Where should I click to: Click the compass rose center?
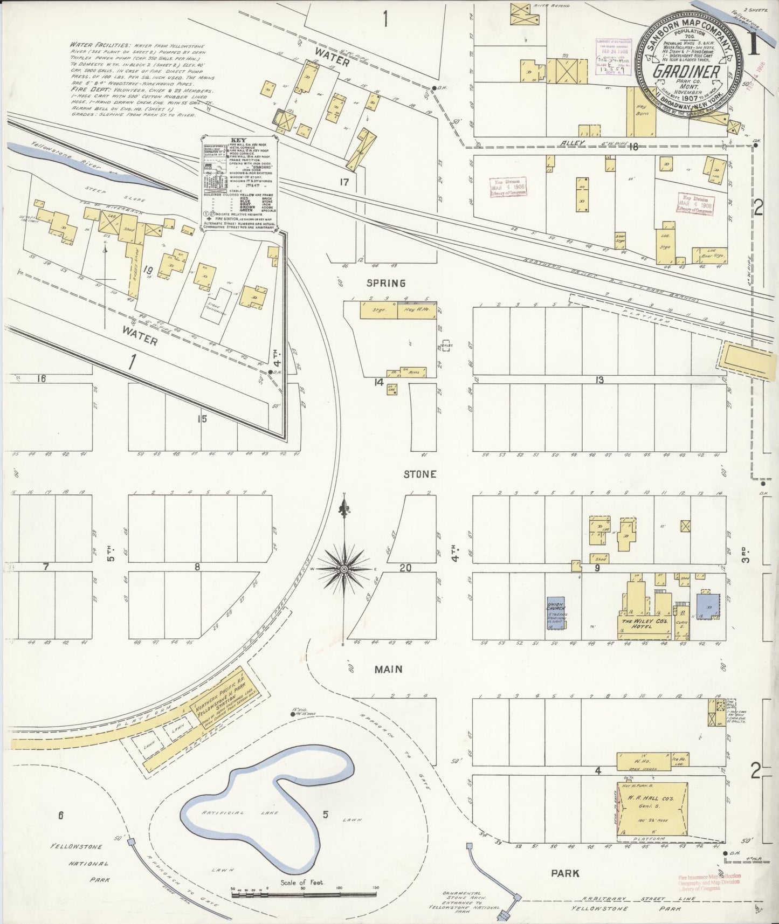[x=343, y=569]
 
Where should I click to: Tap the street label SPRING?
[x=385, y=283]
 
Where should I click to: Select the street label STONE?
[x=420, y=474]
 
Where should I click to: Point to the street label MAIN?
[x=389, y=669]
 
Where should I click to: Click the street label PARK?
[x=566, y=872]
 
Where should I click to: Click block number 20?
[x=405, y=567]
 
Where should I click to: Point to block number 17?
[x=344, y=182]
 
